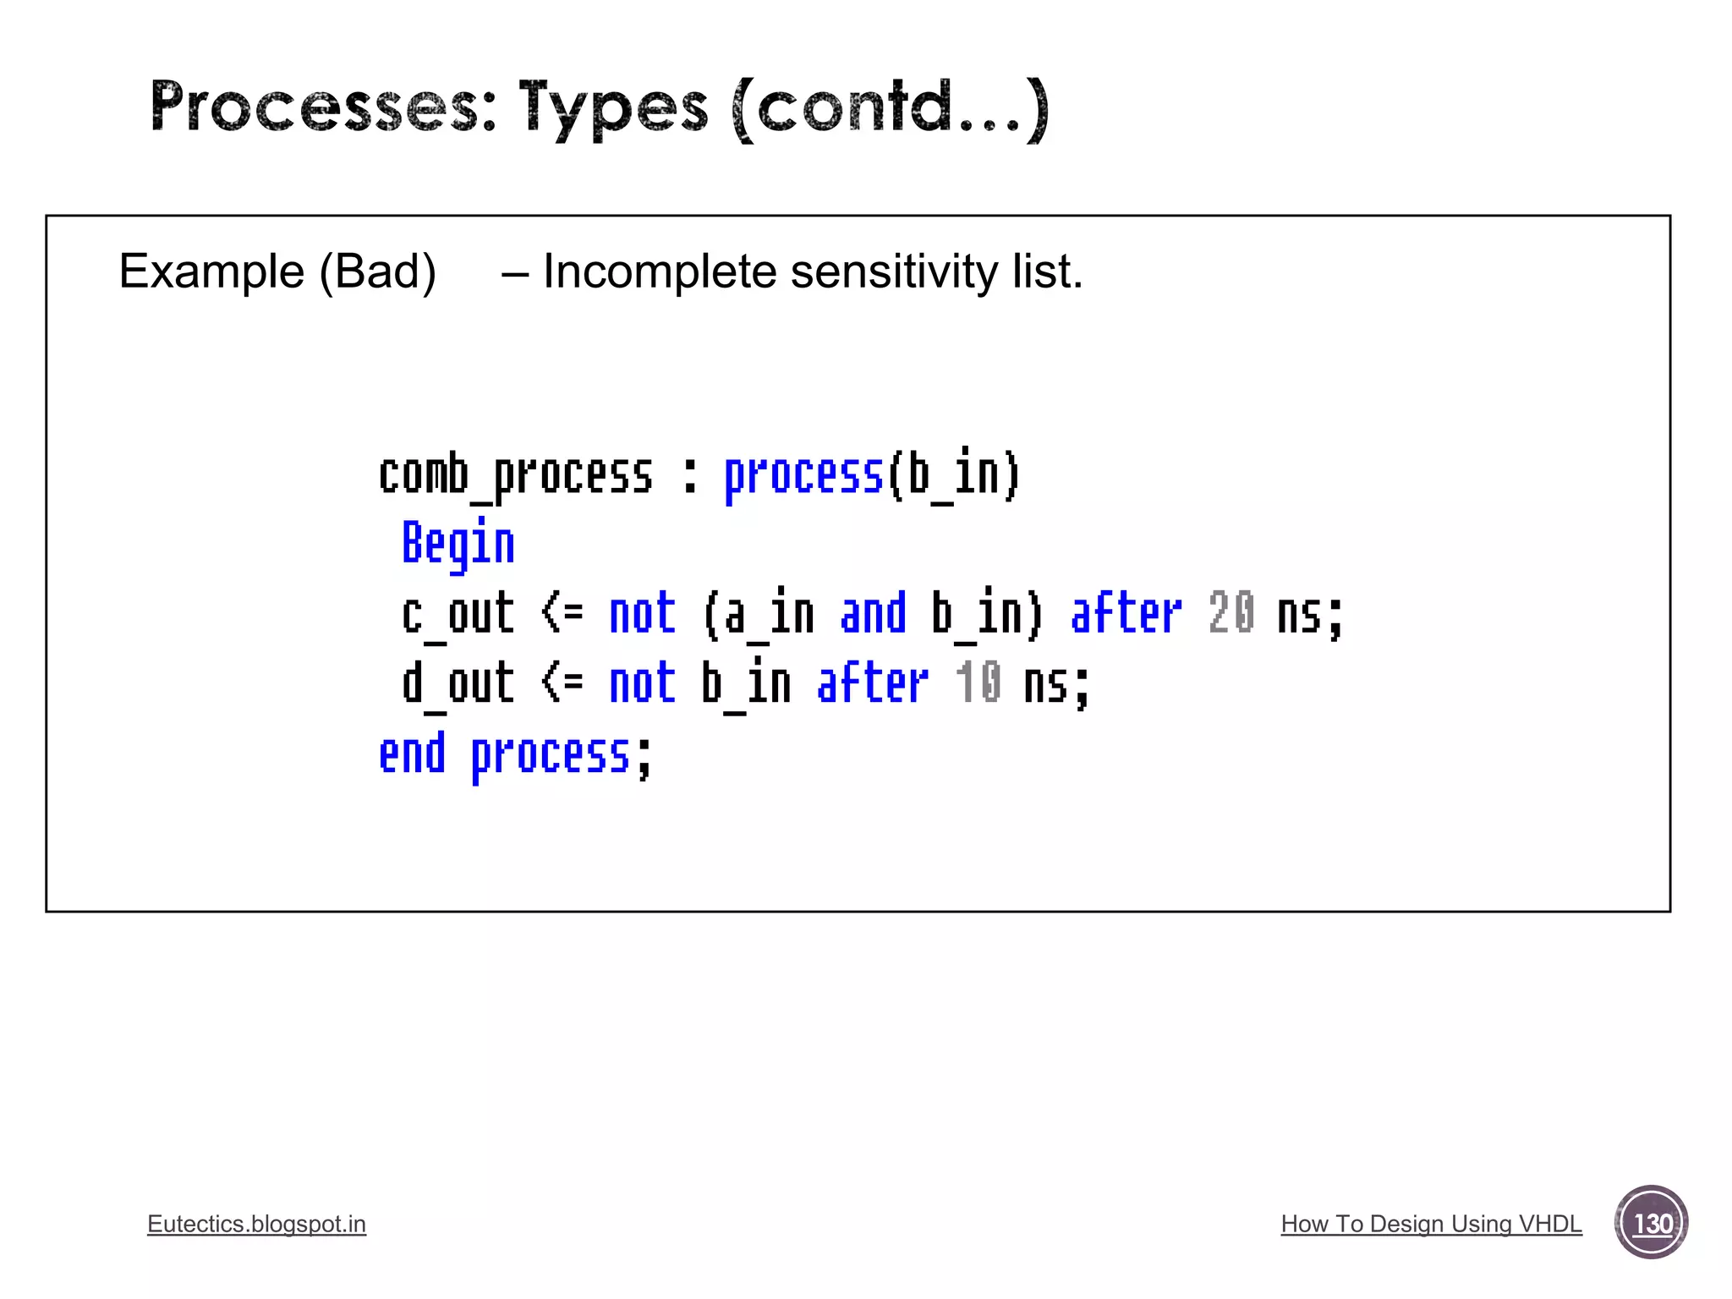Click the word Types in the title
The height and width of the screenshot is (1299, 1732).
[613, 108]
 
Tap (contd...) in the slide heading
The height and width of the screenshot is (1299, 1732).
[891, 108]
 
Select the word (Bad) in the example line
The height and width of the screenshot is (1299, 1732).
[377, 272]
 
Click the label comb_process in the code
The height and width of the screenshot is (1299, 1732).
[515, 475]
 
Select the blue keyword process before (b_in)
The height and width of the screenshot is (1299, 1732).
[803, 475]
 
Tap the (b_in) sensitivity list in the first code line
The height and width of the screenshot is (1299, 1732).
[954, 475]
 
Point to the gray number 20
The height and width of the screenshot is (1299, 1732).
[1230, 613]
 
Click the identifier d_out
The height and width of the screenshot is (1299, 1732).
[458, 684]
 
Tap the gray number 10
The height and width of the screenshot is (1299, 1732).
[978, 683]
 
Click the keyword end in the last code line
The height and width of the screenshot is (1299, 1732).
[412, 754]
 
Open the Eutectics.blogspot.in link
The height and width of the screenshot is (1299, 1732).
[256, 1224]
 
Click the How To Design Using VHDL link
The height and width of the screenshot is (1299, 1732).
[1431, 1224]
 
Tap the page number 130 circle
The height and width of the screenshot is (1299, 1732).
[1651, 1223]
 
